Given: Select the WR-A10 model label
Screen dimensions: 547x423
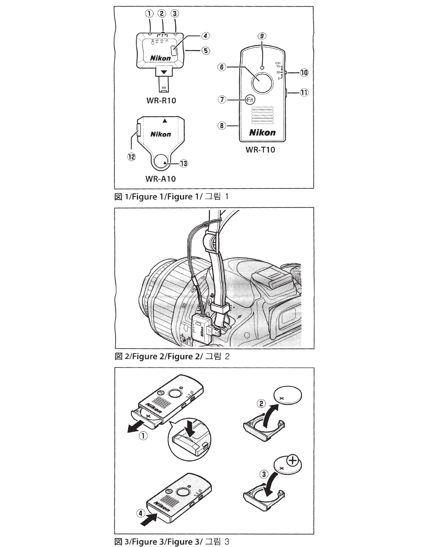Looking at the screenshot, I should (160, 179).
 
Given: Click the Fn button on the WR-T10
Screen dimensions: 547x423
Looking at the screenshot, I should (250, 100).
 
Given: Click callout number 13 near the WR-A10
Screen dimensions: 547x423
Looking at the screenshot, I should (184, 163).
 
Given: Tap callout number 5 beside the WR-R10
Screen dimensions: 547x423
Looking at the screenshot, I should (206, 51).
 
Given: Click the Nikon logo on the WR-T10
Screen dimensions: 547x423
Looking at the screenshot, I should (263, 133).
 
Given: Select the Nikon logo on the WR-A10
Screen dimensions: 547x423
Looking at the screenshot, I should (161, 134).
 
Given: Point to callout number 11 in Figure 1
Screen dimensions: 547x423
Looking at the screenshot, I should (304, 93).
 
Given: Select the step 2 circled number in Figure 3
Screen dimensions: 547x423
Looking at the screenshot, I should (262, 403).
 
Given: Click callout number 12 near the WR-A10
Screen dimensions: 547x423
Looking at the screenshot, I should (132, 156).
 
